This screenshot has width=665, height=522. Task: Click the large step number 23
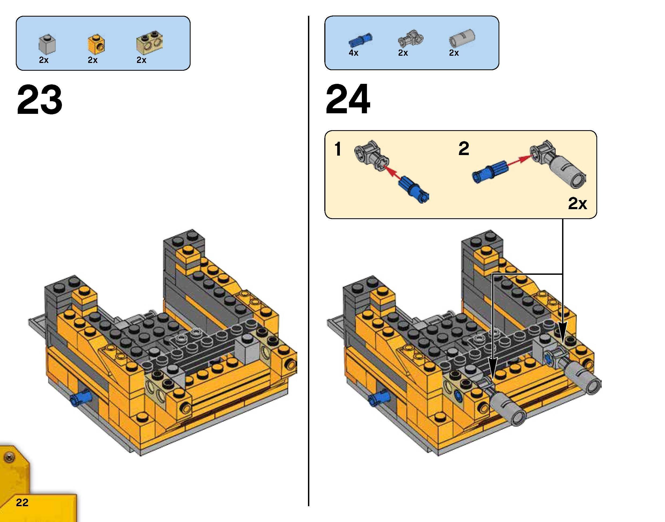[x=40, y=100]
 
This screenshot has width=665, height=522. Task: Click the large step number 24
[x=348, y=100]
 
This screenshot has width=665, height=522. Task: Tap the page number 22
[x=22, y=502]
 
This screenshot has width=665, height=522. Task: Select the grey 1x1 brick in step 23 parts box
[x=47, y=45]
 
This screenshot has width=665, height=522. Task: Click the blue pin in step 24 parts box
[x=360, y=40]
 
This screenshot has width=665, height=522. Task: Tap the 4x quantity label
[x=353, y=53]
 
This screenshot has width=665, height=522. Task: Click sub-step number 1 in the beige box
[x=338, y=149]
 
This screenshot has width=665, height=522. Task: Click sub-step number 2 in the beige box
[x=464, y=149]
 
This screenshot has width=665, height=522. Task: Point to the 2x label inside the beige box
[x=577, y=203]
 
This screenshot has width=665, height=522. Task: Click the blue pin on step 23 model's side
[x=81, y=398]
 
